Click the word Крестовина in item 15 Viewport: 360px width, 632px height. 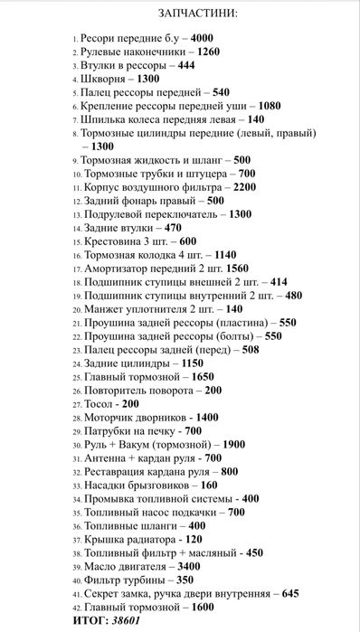click(109, 242)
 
